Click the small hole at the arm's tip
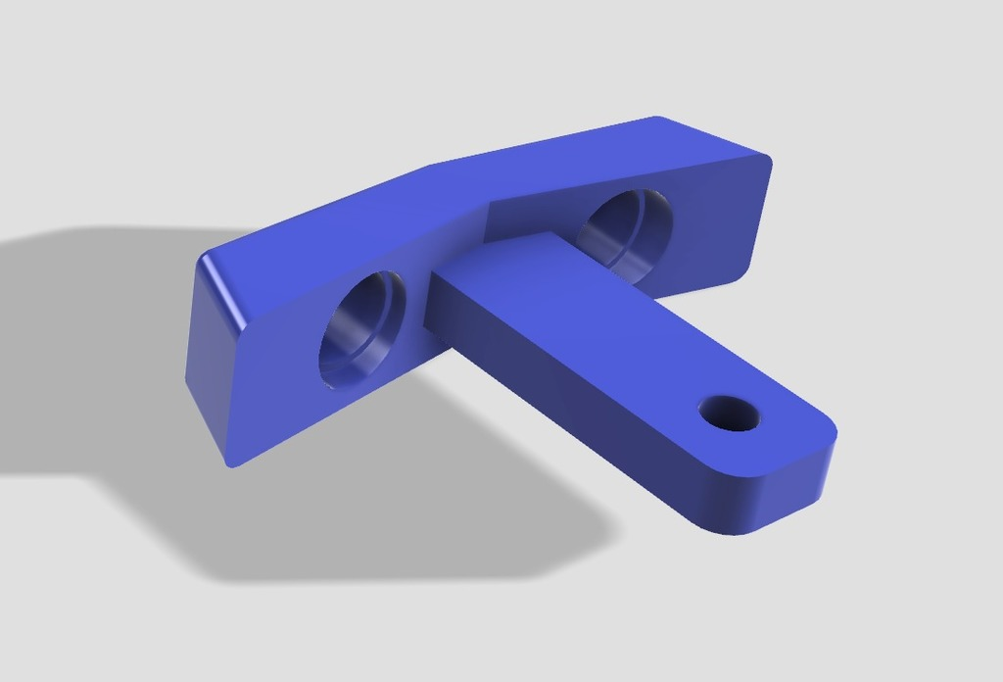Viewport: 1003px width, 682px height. click(730, 413)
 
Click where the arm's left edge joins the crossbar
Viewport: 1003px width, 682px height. click(431, 294)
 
